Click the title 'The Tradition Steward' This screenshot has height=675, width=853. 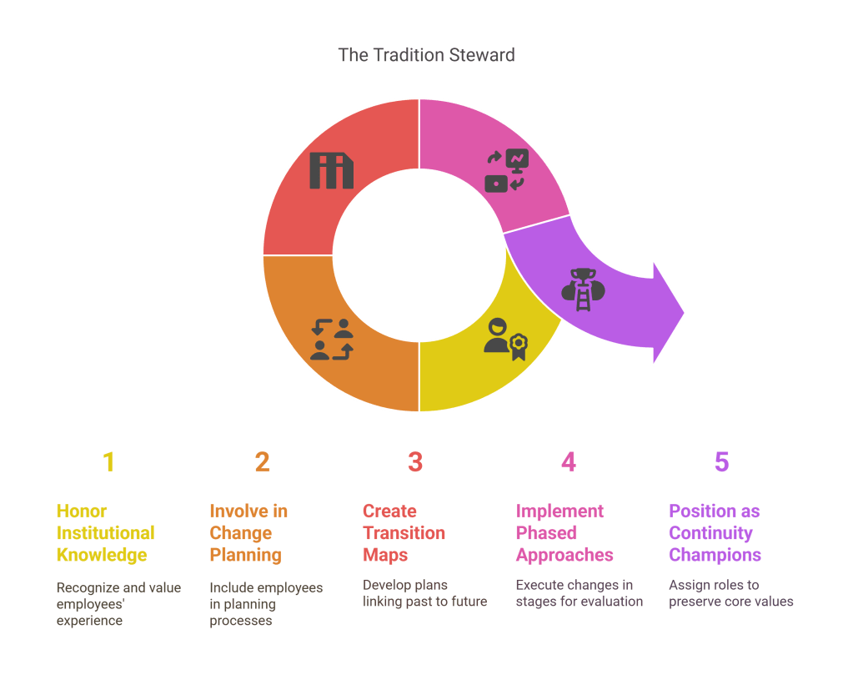pyautogui.click(x=426, y=55)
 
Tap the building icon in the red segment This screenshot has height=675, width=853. pyautogui.click(x=331, y=170)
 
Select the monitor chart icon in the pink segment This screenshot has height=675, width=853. pyautogui.click(x=507, y=171)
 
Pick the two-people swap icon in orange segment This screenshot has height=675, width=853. pyautogui.click(x=331, y=339)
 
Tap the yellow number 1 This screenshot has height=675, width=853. pyautogui.click(x=108, y=462)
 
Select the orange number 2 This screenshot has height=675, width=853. pyautogui.click(x=262, y=462)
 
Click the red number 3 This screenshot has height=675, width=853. pyautogui.click(x=415, y=462)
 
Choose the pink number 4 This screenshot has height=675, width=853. pyautogui.click(x=569, y=462)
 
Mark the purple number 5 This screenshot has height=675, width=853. pyautogui.click(x=721, y=462)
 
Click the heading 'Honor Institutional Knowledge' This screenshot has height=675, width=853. pyautogui.click(x=105, y=533)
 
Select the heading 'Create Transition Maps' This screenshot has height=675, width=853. pyautogui.click(x=404, y=533)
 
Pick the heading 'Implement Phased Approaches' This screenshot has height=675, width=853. pyautogui.click(x=564, y=533)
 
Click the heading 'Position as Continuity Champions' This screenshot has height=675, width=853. pyautogui.click(x=715, y=533)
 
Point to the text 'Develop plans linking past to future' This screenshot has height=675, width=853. pyautogui.click(x=424, y=593)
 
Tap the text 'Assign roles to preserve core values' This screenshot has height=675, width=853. pyautogui.click(x=730, y=593)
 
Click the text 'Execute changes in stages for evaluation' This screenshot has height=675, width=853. pyautogui.click(x=579, y=593)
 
